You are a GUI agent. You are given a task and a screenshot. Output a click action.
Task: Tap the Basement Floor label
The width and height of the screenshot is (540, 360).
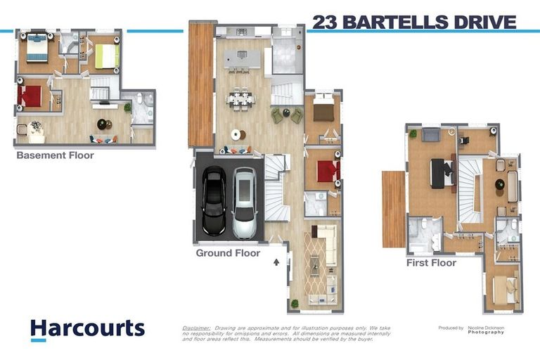(55, 155)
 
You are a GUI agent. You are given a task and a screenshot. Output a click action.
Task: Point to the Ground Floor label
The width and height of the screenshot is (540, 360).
(228, 253)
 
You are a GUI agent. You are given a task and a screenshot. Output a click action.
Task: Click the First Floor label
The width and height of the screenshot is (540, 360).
(431, 263)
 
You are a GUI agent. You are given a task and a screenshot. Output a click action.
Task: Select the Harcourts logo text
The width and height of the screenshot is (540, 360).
(87, 328)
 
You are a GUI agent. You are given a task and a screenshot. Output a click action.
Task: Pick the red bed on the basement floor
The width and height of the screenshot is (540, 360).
(31, 96)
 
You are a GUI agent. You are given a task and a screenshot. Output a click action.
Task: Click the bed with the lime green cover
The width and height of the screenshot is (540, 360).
(106, 56)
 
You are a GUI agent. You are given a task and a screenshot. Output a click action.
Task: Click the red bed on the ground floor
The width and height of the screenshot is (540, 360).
(328, 171)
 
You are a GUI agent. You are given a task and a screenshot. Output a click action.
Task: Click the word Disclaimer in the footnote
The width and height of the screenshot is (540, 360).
(196, 328)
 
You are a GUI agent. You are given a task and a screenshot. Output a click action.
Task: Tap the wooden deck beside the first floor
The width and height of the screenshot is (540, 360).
(393, 209)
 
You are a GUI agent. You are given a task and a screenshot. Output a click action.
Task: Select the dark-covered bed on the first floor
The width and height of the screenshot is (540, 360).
(442, 172)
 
